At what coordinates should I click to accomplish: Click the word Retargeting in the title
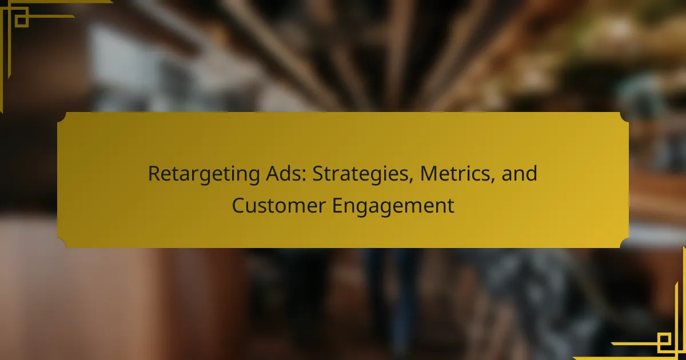tap(204, 174)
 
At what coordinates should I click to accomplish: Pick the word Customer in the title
tap(279, 205)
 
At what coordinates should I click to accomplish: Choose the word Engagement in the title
tap(393, 207)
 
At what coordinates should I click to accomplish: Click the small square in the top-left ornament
tap(22, 21)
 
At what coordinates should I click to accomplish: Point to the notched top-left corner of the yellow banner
tap(61, 117)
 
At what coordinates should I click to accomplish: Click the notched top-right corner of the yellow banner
tap(624, 117)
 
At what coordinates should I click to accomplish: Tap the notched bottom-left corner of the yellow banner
tap(61, 243)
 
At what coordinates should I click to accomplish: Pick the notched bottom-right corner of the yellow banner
tap(624, 243)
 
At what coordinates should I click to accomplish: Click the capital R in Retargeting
tap(154, 174)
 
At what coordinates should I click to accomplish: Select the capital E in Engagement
tap(338, 206)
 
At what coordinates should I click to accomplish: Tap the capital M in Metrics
tap(429, 174)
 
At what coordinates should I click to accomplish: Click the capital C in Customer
tap(238, 206)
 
